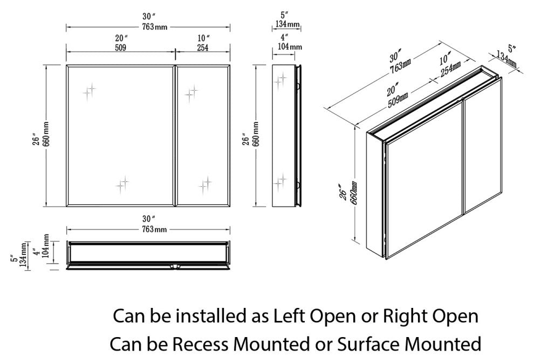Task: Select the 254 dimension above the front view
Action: (x=202, y=48)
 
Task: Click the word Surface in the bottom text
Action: (x=365, y=344)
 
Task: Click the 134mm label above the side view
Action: (x=286, y=24)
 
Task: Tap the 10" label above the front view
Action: (x=203, y=38)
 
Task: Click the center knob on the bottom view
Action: (x=174, y=266)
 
